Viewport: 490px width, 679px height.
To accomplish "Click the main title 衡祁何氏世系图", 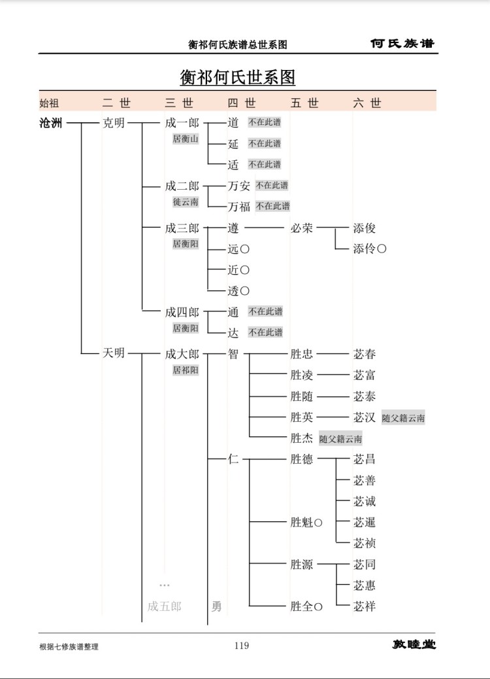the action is pyautogui.click(x=237, y=77).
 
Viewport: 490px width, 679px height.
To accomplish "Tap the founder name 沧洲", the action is pyautogui.click(x=50, y=123).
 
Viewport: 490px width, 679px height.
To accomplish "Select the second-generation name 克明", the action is pyautogui.click(x=113, y=123).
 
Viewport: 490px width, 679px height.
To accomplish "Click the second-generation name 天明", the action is pyautogui.click(x=113, y=353).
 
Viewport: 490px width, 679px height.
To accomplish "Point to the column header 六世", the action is pyautogui.click(x=367, y=103).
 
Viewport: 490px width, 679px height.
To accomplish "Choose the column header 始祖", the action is pyautogui.click(x=49, y=103).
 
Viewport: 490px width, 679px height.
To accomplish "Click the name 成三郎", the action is pyautogui.click(x=182, y=228).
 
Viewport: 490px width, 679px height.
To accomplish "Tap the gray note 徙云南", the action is pyautogui.click(x=186, y=201).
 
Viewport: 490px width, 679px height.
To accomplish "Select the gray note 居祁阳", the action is pyautogui.click(x=186, y=370).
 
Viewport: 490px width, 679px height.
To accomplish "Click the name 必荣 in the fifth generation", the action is pyautogui.click(x=301, y=228).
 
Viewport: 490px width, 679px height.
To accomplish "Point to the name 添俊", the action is pyautogui.click(x=364, y=228).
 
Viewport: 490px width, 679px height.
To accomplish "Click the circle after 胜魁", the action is pyautogui.click(x=318, y=523).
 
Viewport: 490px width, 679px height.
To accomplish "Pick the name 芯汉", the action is pyautogui.click(x=364, y=417).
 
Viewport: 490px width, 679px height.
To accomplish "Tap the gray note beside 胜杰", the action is pyautogui.click(x=341, y=439).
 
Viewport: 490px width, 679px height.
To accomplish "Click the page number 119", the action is pyautogui.click(x=242, y=646).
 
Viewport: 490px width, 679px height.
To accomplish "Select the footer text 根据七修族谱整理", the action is pyautogui.click(x=69, y=646).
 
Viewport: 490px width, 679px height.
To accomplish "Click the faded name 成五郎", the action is pyautogui.click(x=165, y=606).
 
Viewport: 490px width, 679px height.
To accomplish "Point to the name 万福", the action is pyautogui.click(x=239, y=207).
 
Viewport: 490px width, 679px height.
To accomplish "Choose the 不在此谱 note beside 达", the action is pyautogui.click(x=265, y=332).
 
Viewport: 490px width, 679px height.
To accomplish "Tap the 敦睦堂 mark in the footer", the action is pyautogui.click(x=414, y=645).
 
